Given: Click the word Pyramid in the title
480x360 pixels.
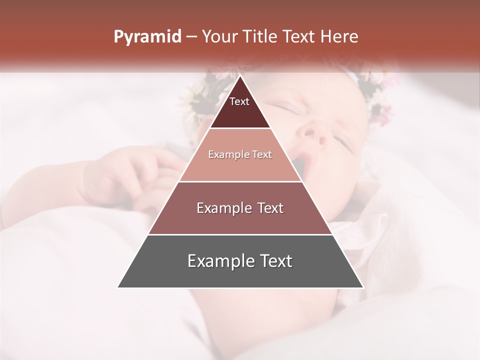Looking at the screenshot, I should point(147,37).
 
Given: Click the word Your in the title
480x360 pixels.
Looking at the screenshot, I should point(219,37).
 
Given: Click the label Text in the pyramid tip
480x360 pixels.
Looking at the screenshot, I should point(239,101).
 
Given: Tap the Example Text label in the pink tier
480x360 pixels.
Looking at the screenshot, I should point(240,154).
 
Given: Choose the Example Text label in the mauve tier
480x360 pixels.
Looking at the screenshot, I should point(240,208).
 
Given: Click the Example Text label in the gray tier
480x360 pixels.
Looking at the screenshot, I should point(240,261).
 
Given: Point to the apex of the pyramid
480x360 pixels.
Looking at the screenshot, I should point(240,76).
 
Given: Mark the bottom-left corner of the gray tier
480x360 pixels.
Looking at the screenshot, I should point(118,287).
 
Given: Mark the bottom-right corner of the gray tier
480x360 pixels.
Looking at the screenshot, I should point(363,287).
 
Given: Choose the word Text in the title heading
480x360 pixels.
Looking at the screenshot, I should point(300,37).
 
